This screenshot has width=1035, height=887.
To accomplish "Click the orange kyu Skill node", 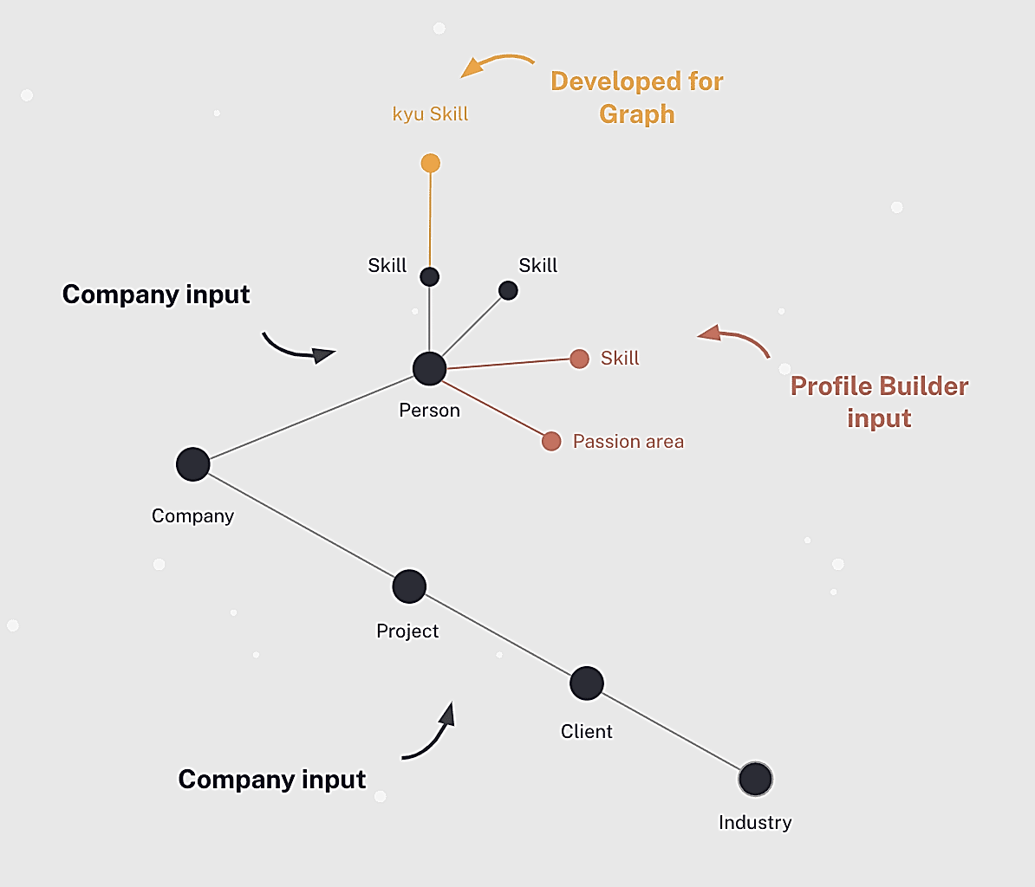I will [x=430, y=163].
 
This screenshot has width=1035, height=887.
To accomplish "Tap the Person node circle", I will [x=429, y=368].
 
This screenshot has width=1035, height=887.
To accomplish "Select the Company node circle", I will [x=193, y=464].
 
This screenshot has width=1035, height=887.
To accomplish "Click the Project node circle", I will [x=409, y=586].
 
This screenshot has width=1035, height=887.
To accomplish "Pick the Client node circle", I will [x=587, y=683].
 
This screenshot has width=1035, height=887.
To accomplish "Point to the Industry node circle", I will [x=755, y=780].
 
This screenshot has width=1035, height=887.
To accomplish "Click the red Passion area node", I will [x=551, y=442].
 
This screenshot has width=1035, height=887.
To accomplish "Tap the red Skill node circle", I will [x=580, y=359].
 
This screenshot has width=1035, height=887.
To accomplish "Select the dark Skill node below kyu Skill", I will [x=430, y=277].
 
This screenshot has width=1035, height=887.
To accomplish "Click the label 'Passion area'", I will [x=628, y=442].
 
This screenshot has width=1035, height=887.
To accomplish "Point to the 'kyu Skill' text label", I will [x=430, y=114].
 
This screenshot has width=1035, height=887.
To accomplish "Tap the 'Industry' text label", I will [x=755, y=822].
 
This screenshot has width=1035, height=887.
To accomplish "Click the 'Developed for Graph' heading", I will [x=637, y=97].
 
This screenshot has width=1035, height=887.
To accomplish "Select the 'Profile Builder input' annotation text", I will [x=879, y=402].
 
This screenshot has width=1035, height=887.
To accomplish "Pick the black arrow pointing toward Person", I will [x=297, y=347].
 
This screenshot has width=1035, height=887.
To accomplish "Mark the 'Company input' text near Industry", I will [x=272, y=780].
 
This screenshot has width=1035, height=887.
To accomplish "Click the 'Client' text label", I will [x=587, y=731].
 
